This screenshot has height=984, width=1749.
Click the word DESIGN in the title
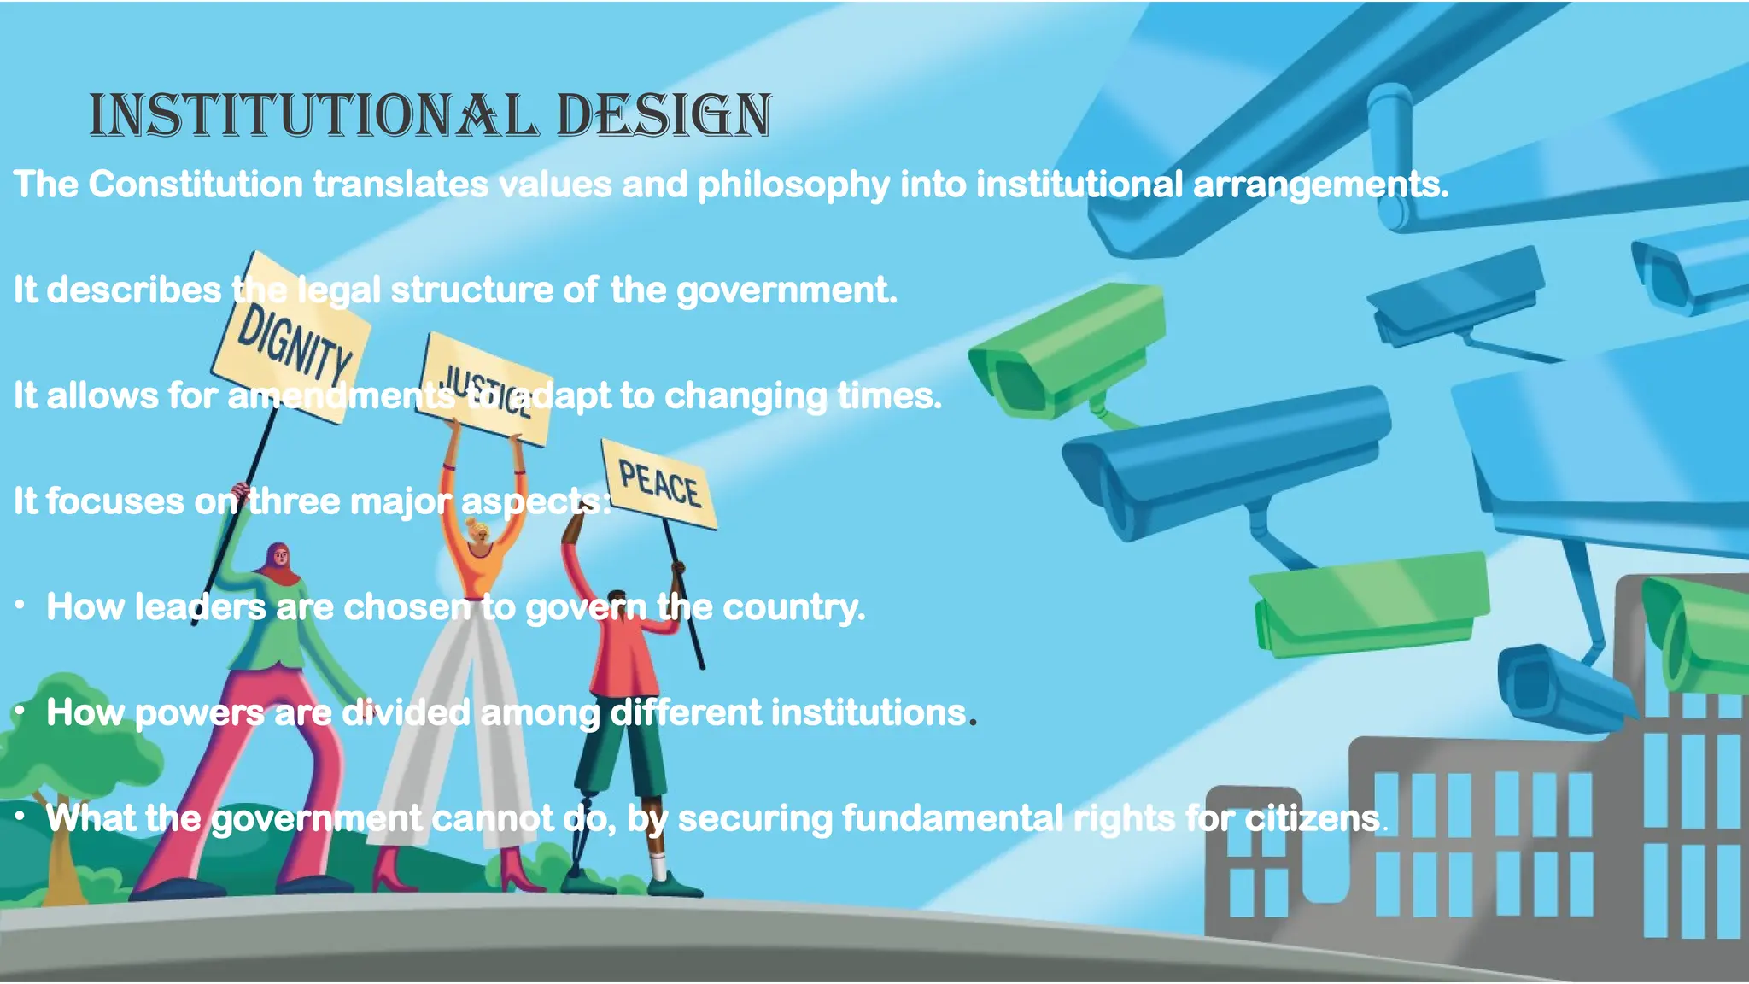pos(664,115)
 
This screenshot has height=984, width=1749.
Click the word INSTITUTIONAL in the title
pos(313,115)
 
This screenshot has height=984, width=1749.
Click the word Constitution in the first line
pos(196,184)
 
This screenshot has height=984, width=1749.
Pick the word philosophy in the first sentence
pos(793,184)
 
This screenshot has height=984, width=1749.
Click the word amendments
pos(341,396)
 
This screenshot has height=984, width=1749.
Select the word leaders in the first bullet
pos(200,607)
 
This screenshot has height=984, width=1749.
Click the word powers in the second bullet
pos(199,713)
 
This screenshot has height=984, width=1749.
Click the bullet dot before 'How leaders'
pos(20,606)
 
